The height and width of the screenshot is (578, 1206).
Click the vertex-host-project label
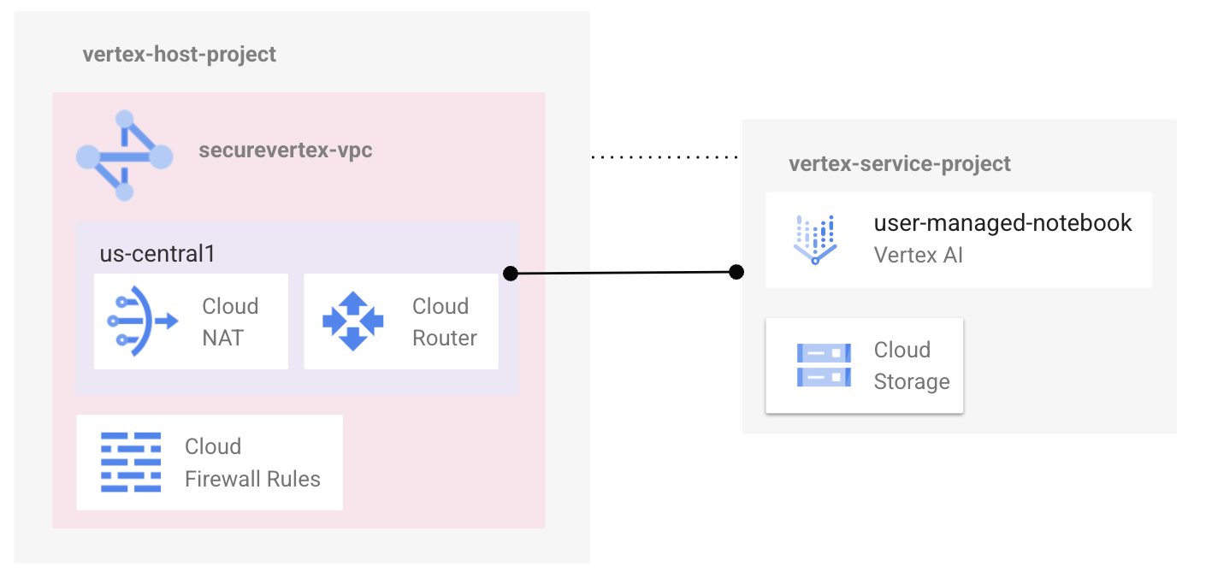pyautogui.click(x=180, y=55)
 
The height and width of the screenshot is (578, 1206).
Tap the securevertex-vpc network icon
pyautogui.click(x=125, y=156)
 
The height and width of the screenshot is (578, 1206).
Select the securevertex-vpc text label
pyautogui.click(x=286, y=151)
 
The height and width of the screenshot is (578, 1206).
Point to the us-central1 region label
pyautogui.click(x=157, y=254)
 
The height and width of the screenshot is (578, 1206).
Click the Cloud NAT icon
pyautogui.click(x=142, y=321)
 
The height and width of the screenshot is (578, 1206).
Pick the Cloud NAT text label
pyautogui.click(x=230, y=321)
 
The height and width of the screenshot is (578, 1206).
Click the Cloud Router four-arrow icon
pyautogui.click(x=352, y=321)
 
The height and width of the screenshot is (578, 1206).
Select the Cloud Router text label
pyautogui.click(x=445, y=321)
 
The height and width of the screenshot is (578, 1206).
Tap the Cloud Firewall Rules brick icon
pyautogui.click(x=131, y=462)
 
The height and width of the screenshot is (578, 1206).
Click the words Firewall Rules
pyautogui.click(x=252, y=479)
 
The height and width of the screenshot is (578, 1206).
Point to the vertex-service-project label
pyautogui.click(x=900, y=163)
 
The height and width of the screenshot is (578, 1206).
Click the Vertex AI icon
pyautogui.click(x=814, y=239)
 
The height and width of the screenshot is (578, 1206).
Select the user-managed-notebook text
pyautogui.click(x=1002, y=223)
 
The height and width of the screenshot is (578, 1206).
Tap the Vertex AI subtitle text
pyautogui.click(x=918, y=255)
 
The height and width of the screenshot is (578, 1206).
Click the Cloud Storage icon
pyautogui.click(x=824, y=365)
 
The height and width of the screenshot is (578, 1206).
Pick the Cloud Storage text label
pyautogui.click(x=912, y=365)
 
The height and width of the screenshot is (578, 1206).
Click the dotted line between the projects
pyautogui.click(x=665, y=157)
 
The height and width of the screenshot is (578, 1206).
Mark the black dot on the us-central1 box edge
pyautogui.click(x=511, y=274)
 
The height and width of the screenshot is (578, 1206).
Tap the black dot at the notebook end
pyautogui.click(x=736, y=272)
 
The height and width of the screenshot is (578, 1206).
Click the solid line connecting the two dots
pyautogui.click(x=624, y=273)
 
